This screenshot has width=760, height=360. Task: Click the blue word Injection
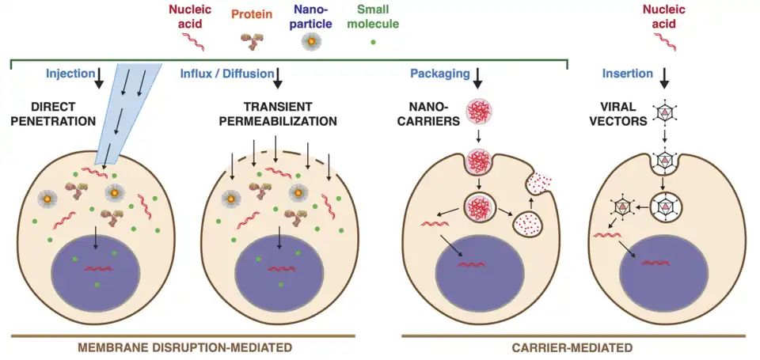click(x=64, y=74)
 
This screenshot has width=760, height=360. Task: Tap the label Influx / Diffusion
click(x=224, y=74)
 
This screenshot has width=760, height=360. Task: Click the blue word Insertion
click(x=627, y=74)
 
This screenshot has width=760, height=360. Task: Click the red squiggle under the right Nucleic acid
click(x=666, y=45)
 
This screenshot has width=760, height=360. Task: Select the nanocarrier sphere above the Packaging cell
click(x=480, y=112)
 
